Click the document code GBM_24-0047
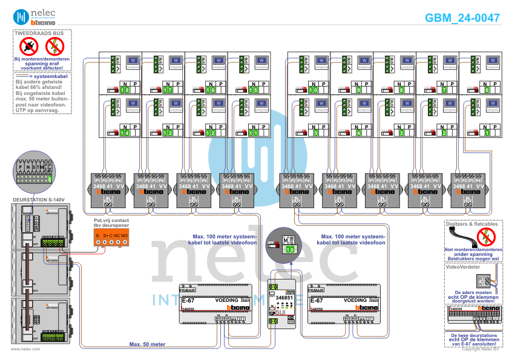[x=462, y=18]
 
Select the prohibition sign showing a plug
[x=29, y=45]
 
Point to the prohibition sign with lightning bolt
[x=54, y=45]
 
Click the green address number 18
[x=124, y=90]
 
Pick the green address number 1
[x=487, y=133]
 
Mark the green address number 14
[x=124, y=133]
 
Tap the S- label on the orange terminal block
[x=97, y=235]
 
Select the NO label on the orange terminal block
[x=124, y=235]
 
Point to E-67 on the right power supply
[x=317, y=300]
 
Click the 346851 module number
[x=283, y=298]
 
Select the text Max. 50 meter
[x=147, y=344]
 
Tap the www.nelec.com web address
[x=25, y=349]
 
